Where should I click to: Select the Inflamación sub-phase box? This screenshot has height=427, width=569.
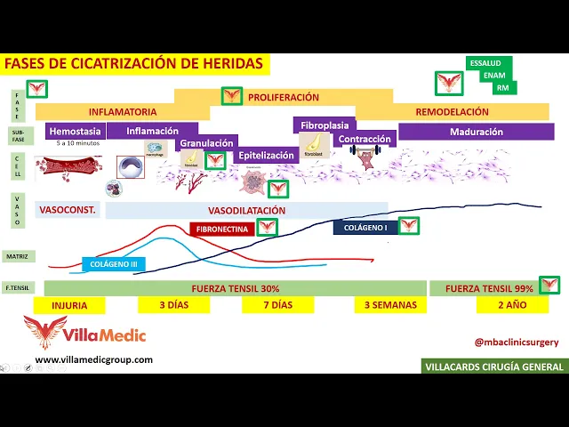coord(152,131)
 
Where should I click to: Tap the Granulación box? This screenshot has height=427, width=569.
coord(206,143)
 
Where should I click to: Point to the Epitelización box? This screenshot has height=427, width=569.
coord(265,155)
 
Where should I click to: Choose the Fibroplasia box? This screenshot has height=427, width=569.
coord(324,125)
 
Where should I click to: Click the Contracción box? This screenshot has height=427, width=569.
coord(365,140)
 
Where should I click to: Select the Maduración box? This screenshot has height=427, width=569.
coord(476,132)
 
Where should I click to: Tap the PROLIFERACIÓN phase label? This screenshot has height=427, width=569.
coord(283,97)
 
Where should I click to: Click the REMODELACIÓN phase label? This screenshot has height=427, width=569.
coord(453,112)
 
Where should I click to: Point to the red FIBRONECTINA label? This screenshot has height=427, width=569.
coord(221,229)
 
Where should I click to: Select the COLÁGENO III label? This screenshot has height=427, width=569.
coord(114,264)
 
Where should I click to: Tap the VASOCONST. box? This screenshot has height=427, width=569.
coord(67,211)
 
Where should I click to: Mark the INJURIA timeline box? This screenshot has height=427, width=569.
coord(69,305)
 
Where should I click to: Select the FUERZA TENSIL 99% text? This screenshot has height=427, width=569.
coord(489,288)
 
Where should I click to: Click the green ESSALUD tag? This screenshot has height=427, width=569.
coord(485,64)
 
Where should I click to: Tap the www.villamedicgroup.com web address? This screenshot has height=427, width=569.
coord(93,360)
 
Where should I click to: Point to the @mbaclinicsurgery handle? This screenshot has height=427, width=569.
coord(516,341)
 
